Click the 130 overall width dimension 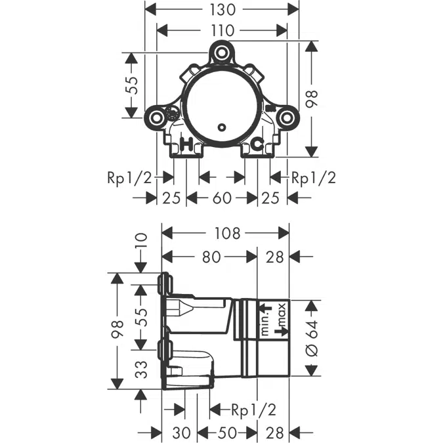222,10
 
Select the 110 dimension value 222,30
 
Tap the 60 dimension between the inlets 222,198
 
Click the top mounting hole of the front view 222,52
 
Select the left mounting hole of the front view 157,118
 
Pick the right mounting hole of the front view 286,118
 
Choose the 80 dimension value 210,257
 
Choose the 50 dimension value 228,432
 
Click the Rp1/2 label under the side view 254,410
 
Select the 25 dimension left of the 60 171,198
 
